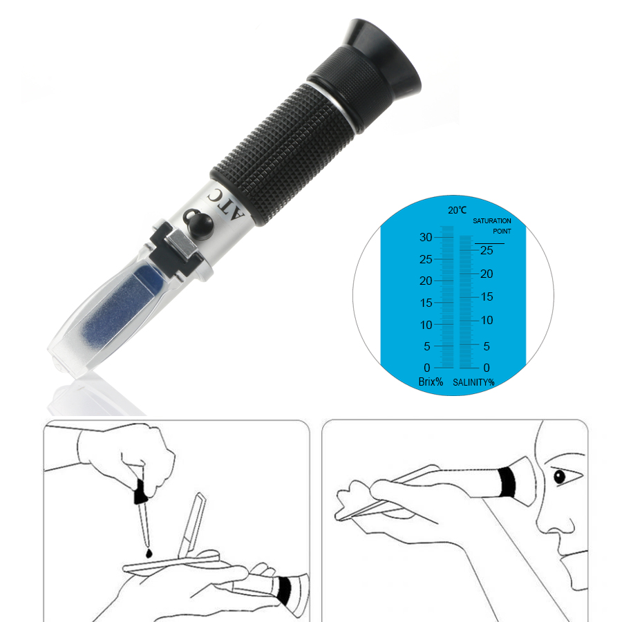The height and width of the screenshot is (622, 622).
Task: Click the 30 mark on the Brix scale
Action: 426,237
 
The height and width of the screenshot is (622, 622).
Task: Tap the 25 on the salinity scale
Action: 487,250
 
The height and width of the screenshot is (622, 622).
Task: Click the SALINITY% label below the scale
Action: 474,381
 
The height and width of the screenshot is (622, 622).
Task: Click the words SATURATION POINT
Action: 493,225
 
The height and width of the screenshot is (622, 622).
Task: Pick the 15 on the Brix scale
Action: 426,303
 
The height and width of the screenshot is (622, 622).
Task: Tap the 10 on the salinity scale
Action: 487,320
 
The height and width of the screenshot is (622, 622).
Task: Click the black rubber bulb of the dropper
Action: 139,493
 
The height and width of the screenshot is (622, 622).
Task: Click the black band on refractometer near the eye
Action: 508,482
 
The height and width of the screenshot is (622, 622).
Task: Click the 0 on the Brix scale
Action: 427,368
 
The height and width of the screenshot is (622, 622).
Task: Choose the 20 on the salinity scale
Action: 487,274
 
